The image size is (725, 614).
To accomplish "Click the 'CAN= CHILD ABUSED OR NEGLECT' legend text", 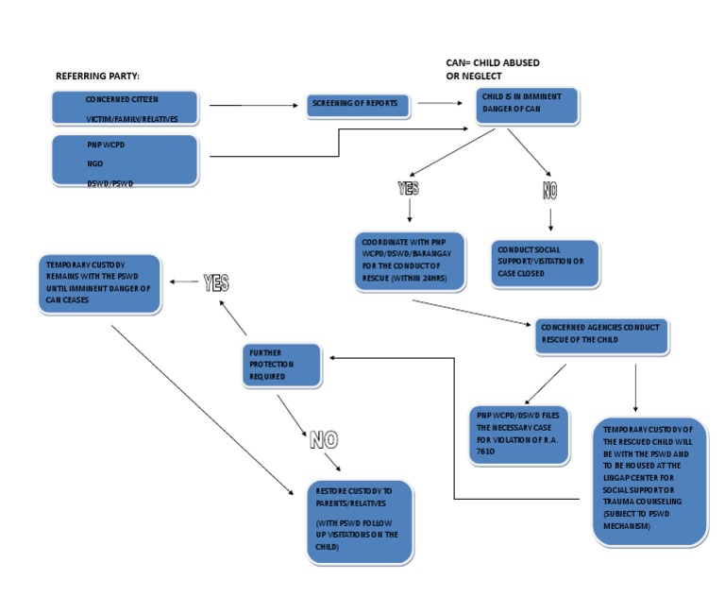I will click(x=492, y=69).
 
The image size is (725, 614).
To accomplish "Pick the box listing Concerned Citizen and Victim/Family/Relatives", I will click(x=126, y=108).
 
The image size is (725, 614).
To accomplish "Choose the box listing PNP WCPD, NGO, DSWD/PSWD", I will click(x=126, y=160).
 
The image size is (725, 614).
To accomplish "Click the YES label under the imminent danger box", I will click(x=408, y=189).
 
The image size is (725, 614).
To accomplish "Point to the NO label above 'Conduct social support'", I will click(x=550, y=191).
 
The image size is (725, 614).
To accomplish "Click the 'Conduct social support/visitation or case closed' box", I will click(x=545, y=263).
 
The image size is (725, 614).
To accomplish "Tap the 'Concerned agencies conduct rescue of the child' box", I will click(x=601, y=335).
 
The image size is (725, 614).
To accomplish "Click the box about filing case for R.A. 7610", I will click(x=519, y=435).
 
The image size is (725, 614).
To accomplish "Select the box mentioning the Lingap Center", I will click(x=649, y=482).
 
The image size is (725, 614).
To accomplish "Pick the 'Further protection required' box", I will click(x=281, y=365).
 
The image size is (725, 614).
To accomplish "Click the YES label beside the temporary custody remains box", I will click(x=216, y=282).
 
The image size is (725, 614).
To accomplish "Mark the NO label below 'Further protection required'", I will click(x=323, y=439).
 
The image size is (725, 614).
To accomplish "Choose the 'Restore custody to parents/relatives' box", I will click(x=360, y=521).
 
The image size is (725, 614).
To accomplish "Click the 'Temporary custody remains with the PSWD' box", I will click(x=99, y=282).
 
